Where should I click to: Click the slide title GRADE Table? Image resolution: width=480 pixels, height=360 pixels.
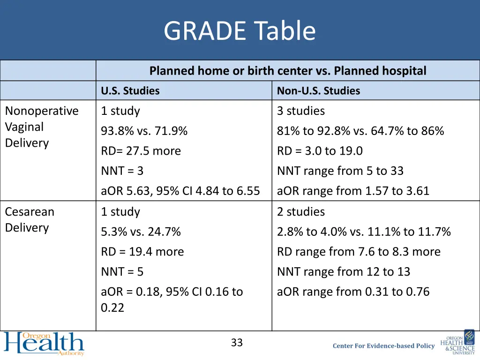tap(240, 31)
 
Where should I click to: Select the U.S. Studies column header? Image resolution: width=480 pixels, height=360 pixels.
tap(130, 91)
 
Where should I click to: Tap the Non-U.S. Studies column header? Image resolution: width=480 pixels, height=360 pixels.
tap(318, 91)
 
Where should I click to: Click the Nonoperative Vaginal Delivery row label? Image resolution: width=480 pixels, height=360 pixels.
tap(41, 127)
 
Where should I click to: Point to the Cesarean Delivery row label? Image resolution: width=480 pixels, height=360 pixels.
tap(30, 219)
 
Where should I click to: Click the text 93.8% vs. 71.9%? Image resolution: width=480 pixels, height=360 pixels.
tap(144, 131)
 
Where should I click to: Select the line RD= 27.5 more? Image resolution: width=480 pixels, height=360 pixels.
tap(141, 151)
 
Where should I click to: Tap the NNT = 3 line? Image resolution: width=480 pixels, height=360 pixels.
tap(122, 171)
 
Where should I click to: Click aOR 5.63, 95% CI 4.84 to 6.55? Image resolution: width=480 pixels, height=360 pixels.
tap(180, 191)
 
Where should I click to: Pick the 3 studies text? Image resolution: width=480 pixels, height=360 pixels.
tap(300, 111)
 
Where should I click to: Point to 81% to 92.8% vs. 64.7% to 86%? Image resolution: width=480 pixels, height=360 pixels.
tap(360, 131)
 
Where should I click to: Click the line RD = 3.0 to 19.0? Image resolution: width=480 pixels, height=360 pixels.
tap(320, 151)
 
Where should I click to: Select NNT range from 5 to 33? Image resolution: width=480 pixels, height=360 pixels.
tap(340, 171)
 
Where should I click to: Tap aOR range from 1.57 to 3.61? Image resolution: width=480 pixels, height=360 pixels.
tap(353, 191)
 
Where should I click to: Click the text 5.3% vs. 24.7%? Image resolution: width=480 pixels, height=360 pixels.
tap(141, 232)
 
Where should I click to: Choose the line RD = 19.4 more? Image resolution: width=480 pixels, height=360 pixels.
tap(142, 252)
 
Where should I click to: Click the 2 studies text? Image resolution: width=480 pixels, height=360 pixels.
tap(300, 212)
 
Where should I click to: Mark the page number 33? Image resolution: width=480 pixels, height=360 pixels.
tap(237, 343)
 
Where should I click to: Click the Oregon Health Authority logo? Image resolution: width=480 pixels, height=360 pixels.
tap(44, 344)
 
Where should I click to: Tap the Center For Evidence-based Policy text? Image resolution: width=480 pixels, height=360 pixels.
tap(383, 346)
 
